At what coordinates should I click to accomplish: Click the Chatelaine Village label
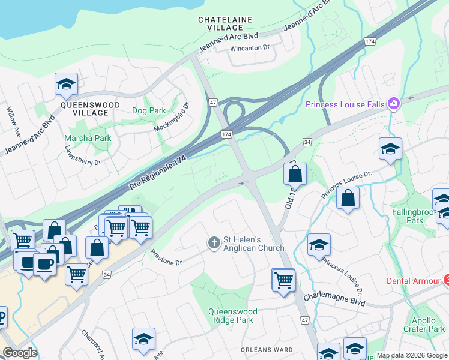pyautogui.click(x=225, y=23)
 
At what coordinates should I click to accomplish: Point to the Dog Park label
pyautogui.click(x=149, y=111)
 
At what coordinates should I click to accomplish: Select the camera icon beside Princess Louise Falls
pyautogui.click(x=394, y=104)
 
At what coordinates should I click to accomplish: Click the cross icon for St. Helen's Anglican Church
pyautogui.click(x=213, y=242)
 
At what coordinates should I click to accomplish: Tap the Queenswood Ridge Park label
pyautogui.click(x=232, y=316)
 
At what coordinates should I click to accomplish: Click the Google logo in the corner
pyautogui.click(x=20, y=352)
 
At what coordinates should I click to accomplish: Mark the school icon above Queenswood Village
pyautogui.click(x=66, y=85)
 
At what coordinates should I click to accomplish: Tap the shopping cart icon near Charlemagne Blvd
pyautogui.click(x=283, y=279)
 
